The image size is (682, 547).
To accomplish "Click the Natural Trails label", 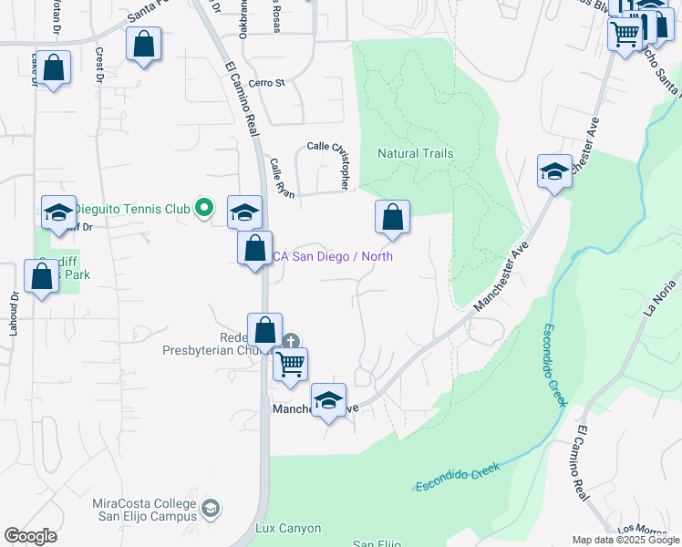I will [x=415, y=153].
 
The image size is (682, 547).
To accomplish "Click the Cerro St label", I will [x=266, y=82].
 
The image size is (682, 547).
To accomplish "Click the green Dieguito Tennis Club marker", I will [x=205, y=209].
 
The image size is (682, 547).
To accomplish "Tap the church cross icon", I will [x=290, y=342].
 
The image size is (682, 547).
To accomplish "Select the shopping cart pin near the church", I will [x=290, y=363].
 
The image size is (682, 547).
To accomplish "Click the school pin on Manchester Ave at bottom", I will [x=328, y=398].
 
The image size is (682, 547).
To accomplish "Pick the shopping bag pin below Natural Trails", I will [x=392, y=218].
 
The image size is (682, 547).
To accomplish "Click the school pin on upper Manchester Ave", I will [x=554, y=170].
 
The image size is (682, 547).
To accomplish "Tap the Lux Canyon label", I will [x=288, y=528].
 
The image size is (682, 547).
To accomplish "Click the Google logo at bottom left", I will [x=31, y=535].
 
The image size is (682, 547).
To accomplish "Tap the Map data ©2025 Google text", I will [x=625, y=540].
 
